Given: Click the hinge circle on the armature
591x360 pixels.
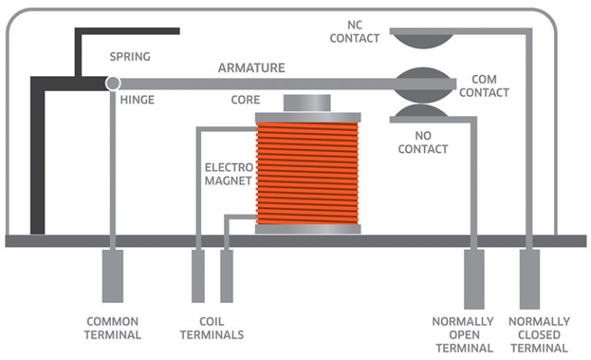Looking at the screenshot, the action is pyautogui.click(x=112, y=83).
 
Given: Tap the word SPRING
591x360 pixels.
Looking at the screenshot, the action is pyautogui.click(x=130, y=57).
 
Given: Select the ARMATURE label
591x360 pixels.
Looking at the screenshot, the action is pyautogui.click(x=252, y=68).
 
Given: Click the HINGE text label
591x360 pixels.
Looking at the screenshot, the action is pyautogui.click(x=137, y=100).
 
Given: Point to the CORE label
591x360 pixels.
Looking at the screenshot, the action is pyautogui.click(x=245, y=100).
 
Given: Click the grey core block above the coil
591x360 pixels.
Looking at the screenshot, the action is pyautogui.click(x=307, y=103).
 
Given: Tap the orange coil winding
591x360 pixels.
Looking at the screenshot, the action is pyautogui.click(x=307, y=173).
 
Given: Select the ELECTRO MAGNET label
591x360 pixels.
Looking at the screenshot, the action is pyautogui.click(x=229, y=174).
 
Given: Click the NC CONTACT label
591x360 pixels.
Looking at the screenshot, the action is pyautogui.click(x=354, y=32).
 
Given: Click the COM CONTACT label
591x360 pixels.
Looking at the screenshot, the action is pyautogui.click(x=484, y=86).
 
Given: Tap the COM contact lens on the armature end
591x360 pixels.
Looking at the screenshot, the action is pyautogui.click(x=423, y=85).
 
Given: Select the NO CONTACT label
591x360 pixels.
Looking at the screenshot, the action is pyautogui.click(x=423, y=142).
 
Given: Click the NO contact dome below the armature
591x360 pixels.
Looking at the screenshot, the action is pyautogui.click(x=421, y=111).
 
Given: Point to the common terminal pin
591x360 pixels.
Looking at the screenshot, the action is pyautogui.click(x=112, y=276).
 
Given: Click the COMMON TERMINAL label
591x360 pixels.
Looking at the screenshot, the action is pyautogui.click(x=112, y=328).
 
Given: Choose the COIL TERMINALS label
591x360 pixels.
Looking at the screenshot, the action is pyautogui.click(x=212, y=328).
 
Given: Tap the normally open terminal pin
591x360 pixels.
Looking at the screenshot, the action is pyautogui.click(x=474, y=279).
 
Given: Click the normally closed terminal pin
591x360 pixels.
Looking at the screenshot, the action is pyautogui.click(x=529, y=279).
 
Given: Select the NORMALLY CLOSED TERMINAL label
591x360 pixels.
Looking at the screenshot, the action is pyautogui.click(x=539, y=335).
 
